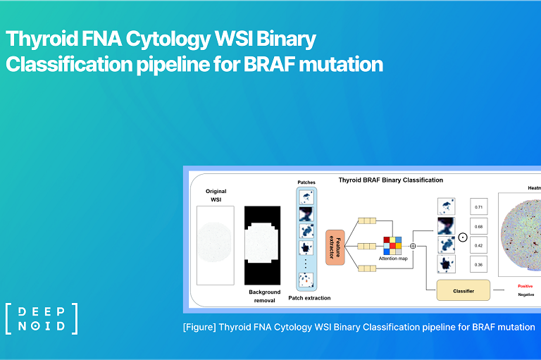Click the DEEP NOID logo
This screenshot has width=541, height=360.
[x=41, y=318]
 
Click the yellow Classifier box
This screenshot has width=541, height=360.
[x=463, y=290]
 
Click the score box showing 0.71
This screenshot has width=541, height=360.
[x=479, y=207]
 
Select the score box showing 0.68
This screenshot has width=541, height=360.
[x=479, y=226]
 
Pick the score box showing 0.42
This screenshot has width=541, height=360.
[x=479, y=245]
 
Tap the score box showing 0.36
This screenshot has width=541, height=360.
[x=479, y=265]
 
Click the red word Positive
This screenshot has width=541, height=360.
[x=525, y=286]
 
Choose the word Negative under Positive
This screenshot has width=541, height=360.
[x=526, y=295]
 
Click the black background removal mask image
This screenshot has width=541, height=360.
[x=264, y=245]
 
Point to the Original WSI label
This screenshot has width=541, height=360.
[x=216, y=196]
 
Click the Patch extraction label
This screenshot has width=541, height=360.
[x=309, y=298]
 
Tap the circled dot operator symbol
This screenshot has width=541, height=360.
[x=462, y=237]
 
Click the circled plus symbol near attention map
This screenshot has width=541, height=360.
[x=413, y=246]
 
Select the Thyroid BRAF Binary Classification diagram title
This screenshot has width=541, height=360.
[x=391, y=180]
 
